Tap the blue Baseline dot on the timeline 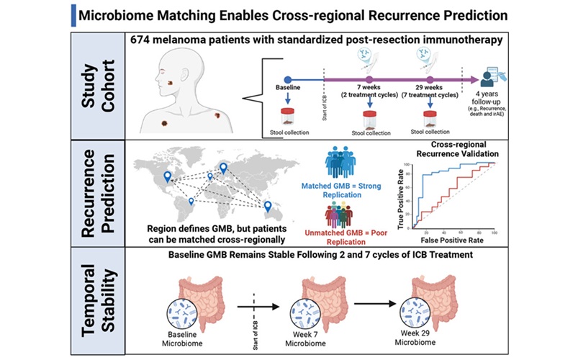pos(288,81)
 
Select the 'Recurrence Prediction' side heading pos(96,192)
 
